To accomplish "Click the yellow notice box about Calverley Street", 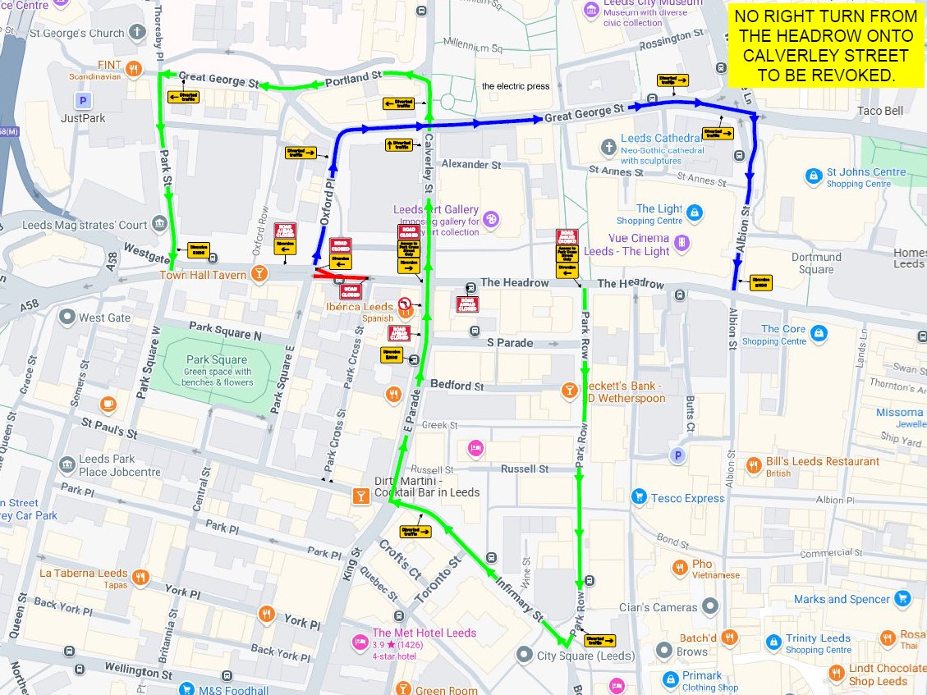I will tap(825, 46).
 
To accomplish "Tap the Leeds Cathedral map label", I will tap(661, 139).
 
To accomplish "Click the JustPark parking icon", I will tap(81, 101).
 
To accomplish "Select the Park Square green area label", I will tap(217, 360).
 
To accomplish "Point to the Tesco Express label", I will tap(687, 498).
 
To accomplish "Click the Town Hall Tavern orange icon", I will tap(259, 274).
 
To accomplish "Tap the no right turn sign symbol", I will tap(405, 305).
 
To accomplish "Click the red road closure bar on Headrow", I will tap(340, 277).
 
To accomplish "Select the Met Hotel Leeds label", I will tap(424, 633).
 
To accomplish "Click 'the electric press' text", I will tap(516, 86).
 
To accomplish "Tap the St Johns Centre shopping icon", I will tap(813, 175).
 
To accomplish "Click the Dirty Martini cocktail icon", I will tap(360, 496).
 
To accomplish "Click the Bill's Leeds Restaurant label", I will tap(822, 461).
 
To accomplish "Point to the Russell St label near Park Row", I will tap(525, 469).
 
